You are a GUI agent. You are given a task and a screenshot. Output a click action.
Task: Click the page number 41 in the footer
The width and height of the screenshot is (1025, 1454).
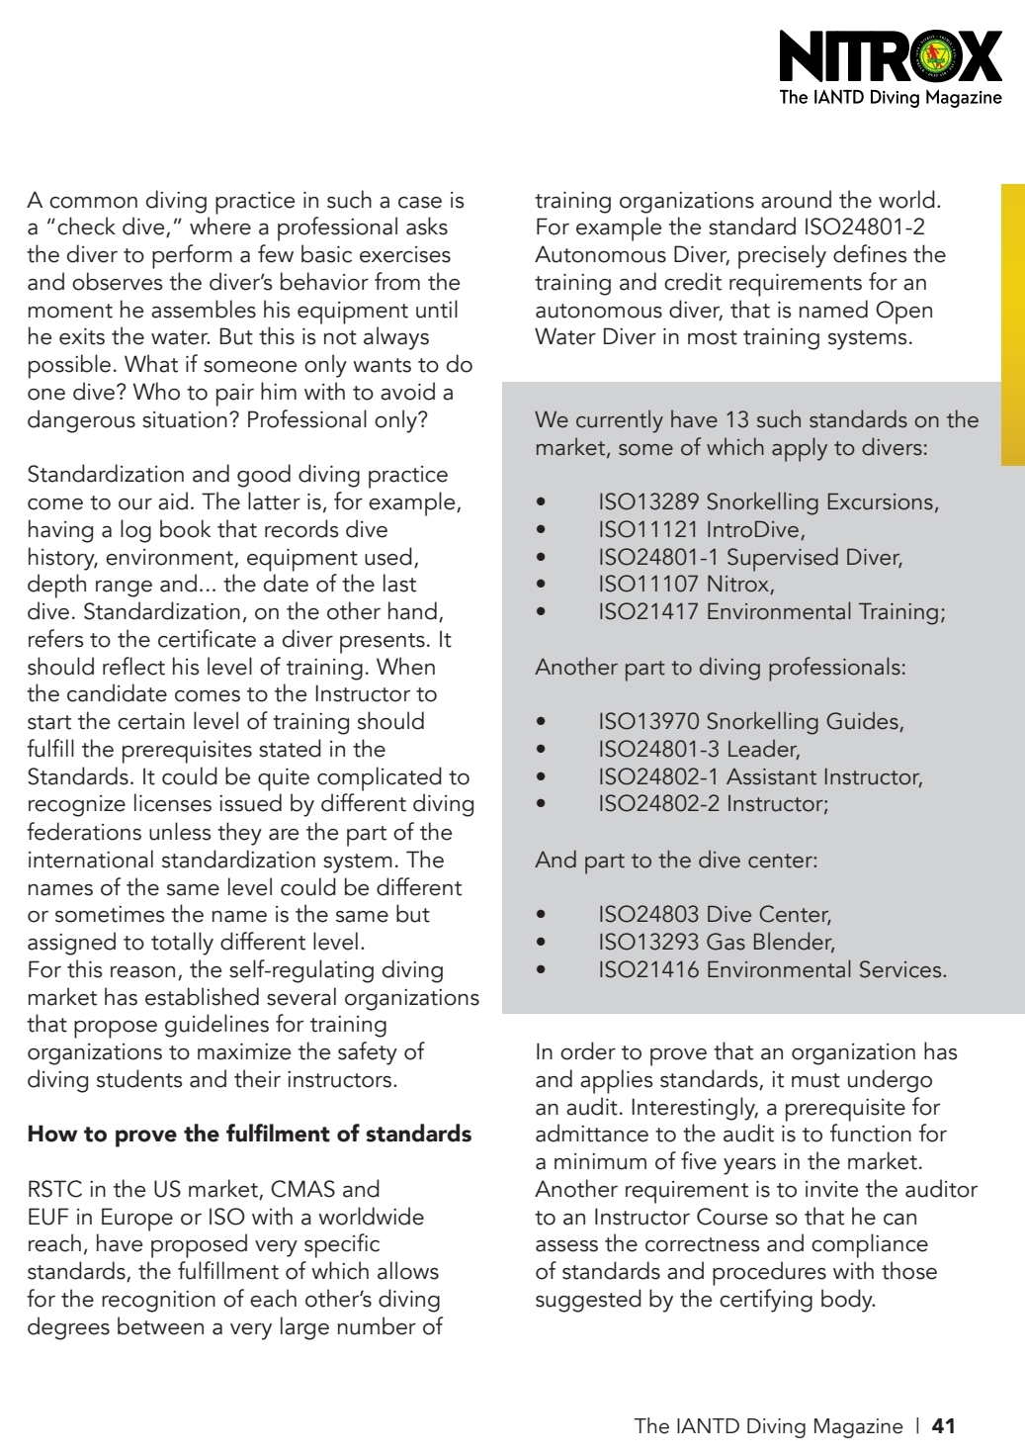[x=944, y=1425]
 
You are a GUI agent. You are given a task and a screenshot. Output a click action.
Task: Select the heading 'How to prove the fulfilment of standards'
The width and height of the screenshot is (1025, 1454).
[x=249, y=1134]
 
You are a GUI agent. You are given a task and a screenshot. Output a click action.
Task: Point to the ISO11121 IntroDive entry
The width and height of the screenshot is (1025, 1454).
[x=701, y=529]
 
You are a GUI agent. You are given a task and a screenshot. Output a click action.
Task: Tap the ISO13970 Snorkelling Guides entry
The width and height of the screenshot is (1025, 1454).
[x=750, y=722]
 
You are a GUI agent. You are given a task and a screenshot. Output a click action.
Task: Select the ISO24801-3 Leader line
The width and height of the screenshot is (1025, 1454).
[x=699, y=750]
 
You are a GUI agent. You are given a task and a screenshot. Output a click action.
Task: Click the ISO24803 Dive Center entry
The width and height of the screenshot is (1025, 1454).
[x=714, y=915]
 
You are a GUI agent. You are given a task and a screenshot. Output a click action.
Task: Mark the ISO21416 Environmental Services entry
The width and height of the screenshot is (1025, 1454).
[x=772, y=970]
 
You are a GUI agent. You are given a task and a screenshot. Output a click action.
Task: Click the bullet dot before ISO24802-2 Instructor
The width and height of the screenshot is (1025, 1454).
[x=541, y=804]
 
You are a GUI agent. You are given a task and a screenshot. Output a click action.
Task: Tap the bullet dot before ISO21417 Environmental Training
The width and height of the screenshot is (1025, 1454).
[x=541, y=612]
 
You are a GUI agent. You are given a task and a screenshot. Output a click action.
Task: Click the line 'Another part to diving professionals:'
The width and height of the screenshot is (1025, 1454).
[x=720, y=668]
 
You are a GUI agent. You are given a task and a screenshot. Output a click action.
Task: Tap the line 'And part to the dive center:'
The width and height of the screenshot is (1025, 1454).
[x=676, y=861]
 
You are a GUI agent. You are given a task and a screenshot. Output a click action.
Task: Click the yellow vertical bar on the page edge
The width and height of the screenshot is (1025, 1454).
[x=1012, y=324]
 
